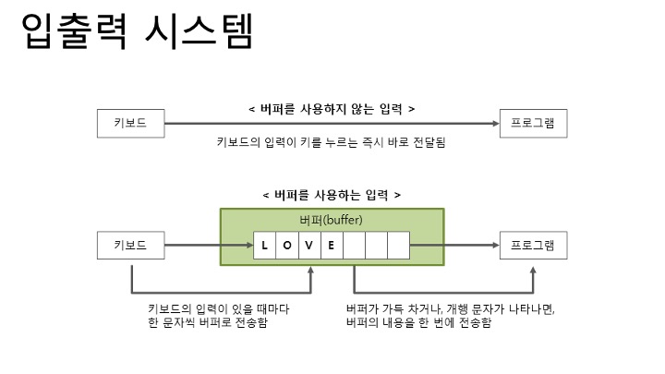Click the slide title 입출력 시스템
point(137,34)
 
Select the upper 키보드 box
point(131,122)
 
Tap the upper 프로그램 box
point(533,122)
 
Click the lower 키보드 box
point(131,246)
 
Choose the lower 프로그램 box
point(533,246)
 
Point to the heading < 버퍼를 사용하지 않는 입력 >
point(332,109)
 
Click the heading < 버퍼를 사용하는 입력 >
point(332,196)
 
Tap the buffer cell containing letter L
point(264,246)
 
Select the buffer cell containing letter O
point(286,246)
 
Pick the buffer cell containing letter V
point(308,246)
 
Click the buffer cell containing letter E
point(331,246)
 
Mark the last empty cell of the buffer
point(398,246)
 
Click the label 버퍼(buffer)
point(332,222)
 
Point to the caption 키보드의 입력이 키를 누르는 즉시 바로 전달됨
point(332,143)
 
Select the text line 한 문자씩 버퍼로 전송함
point(208,322)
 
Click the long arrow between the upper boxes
point(332,122)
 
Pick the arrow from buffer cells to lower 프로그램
point(453,246)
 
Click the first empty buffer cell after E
point(354,246)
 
